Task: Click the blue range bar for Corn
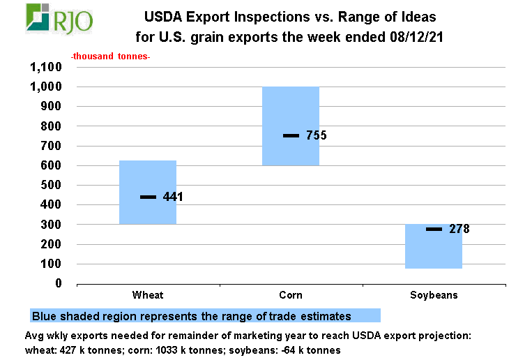pos(290,112)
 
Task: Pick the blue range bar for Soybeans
pos(434,251)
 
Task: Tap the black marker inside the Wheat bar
pos(148,197)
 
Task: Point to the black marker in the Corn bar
pos(291,135)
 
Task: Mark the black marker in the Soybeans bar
pos(434,229)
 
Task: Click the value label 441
pos(172,197)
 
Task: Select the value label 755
pos(316,136)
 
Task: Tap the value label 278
pos(459,229)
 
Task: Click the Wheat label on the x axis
pos(148,295)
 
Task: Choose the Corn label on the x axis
pos(290,295)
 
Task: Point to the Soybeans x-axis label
pos(434,295)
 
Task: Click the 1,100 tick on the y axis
pos(46,68)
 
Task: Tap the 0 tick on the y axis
pos(59,284)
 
